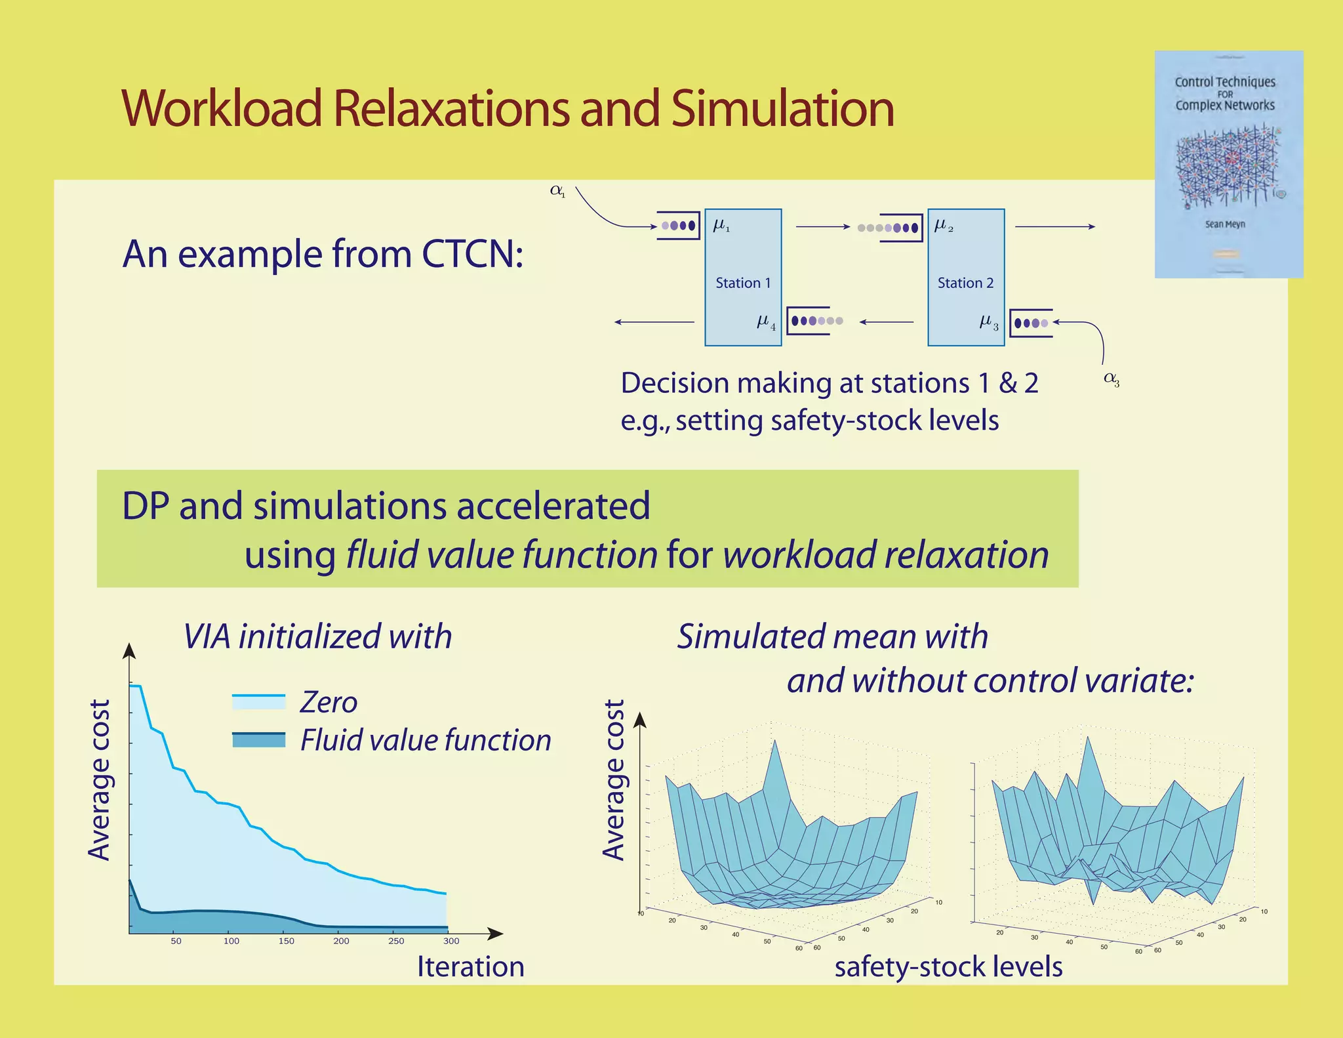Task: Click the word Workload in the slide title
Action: coord(222,108)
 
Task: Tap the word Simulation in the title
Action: coord(782,108)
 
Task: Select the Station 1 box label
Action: coord(743,283)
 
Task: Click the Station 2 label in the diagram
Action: coord(965,283)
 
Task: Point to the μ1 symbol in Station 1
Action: coord(721,226)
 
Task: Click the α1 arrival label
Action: coord(557,191)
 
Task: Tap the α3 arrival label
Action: coord(1112,379)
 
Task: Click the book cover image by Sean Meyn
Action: coord(1228,164)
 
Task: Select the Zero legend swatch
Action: coord(258,701)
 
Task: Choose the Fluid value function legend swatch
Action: coord(258,739)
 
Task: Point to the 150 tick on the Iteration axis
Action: coord(287,941)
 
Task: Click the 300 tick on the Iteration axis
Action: coord(451,941)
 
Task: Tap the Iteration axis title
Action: coord(470,967)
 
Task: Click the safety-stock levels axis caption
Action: coord(948,967)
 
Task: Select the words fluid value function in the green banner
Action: coord(502,555)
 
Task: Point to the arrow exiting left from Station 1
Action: coord(654,322)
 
